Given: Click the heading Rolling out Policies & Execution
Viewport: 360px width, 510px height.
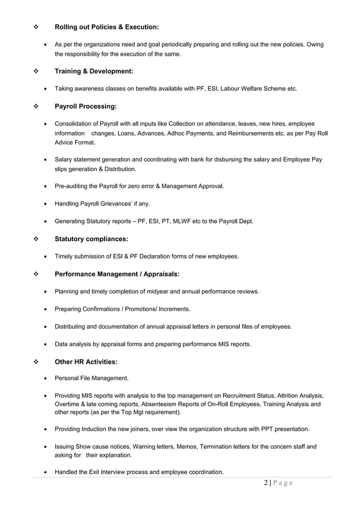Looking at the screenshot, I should tap(107, 27).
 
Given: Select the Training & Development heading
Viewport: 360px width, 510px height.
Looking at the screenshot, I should tap(94, 71).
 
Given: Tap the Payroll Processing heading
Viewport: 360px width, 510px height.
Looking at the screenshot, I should tap(86, 106).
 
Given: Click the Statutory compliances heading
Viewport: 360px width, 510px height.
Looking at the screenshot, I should tap(91, 239).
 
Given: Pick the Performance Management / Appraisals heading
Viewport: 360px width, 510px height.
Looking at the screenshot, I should tap(117, 274).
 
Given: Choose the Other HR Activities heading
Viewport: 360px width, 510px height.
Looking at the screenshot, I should tap(86, 361).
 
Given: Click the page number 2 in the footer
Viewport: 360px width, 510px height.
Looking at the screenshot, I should tap(266, 483).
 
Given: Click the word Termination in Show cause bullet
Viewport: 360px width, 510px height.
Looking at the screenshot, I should tap(214, 447).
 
